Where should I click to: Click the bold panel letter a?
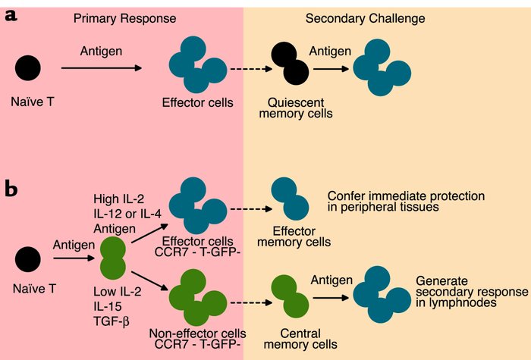tap(11, 16)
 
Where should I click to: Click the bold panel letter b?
tap(12, 189)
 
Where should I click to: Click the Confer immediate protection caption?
tap(405, 202)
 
